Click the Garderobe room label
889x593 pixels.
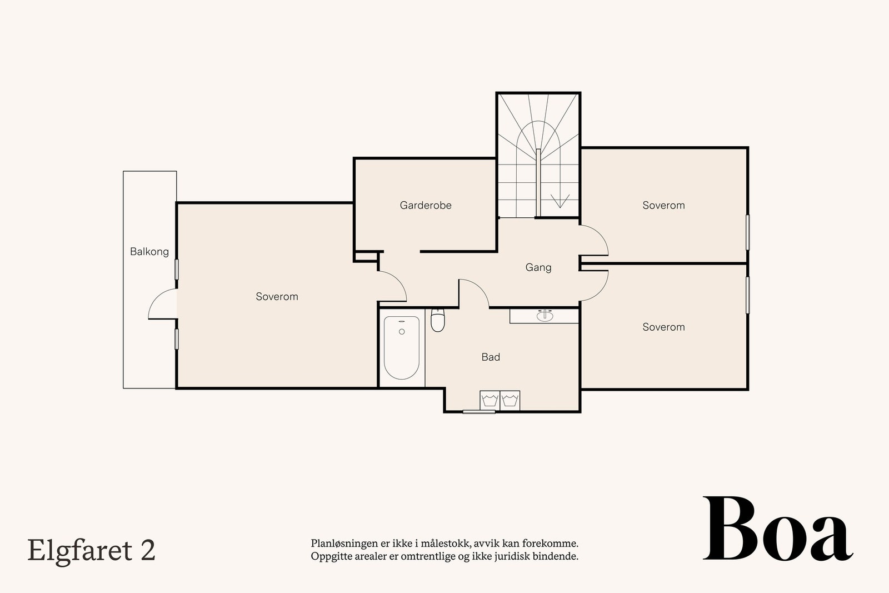pos(426,205)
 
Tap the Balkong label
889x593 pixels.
pos(149,252)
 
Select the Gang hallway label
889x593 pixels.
pos(538,267)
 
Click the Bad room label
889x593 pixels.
pos(491,357)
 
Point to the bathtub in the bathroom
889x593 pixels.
pos(402,347)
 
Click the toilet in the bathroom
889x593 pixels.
pos(438,321)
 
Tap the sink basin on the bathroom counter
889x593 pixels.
pos(545,316)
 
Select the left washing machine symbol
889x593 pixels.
pos(490,400)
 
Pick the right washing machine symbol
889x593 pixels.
pos(510,400)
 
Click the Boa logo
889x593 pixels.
pos(778,530)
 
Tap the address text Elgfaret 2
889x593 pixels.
pos(91,550)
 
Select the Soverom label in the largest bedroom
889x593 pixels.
pos(277,297)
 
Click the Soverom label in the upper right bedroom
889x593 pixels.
pos(663,205)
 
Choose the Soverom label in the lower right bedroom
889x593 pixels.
pos(663,327)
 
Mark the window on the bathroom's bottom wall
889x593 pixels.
pos(479,412)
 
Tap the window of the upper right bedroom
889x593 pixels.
pos(748,232)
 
